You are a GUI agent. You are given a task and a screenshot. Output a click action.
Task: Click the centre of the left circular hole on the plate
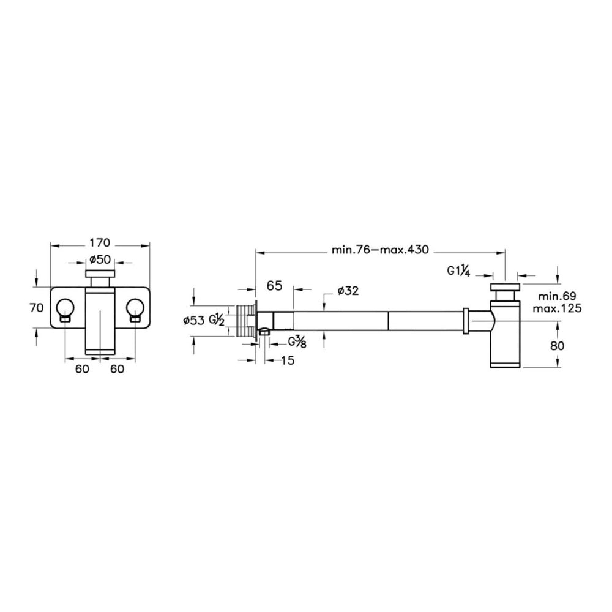[x=65, y=308]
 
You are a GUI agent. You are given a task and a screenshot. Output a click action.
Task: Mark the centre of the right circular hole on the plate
[x=135, y=308]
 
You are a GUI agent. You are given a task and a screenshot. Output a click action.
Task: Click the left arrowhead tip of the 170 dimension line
[x=51, y=246]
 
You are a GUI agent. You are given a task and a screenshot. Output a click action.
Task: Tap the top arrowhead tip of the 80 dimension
[x=559, y=321]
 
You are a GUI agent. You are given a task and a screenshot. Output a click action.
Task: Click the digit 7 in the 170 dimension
[x=100, y=243]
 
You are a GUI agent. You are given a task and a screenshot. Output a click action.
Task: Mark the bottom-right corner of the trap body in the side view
[x=520, y=367]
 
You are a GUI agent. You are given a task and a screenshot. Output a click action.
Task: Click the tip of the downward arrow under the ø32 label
[x=324, y=311]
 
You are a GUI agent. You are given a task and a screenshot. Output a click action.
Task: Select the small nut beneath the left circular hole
[x=65, y=319]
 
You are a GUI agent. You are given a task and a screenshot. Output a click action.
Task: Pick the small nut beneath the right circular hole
[x=135, y=319]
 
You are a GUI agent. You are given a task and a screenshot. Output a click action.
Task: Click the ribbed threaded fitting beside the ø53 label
[x=246, y=321]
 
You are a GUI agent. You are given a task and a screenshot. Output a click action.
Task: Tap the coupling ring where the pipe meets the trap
[x=465, y=321]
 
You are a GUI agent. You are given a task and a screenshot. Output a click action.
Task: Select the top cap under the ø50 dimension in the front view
[x=100, y=273]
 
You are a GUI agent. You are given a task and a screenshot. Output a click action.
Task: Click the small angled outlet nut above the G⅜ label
[x=264, y=332]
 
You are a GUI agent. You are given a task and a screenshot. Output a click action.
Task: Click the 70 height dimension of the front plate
[x=36, y=308]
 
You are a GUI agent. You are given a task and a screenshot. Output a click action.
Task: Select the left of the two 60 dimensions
[x=82, y=368]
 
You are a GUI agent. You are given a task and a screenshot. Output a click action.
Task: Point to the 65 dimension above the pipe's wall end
[x=274, y=285]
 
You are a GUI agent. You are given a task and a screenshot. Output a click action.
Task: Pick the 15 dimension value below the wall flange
[x=287, y=360]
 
